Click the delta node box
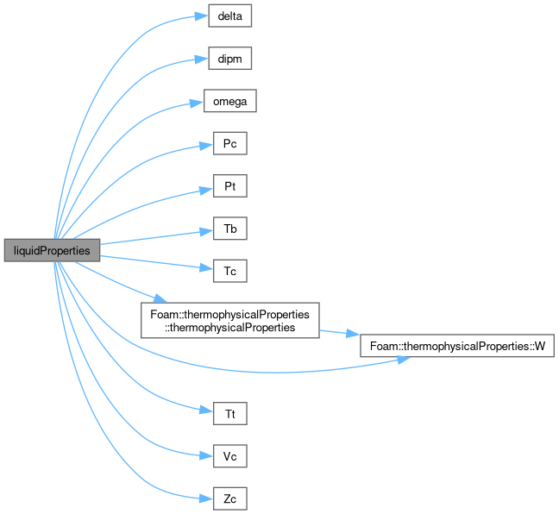coord(230,16)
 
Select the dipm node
coord(230,58)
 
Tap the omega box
coord(230,101)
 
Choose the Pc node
coord(230,143)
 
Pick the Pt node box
coord(230,185)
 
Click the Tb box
coord(230,229)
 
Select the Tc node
coord(230,271)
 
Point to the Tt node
coord(230,413)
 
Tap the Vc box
coord(230,456)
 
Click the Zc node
coord(230,498)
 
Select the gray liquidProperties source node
coord(52,250)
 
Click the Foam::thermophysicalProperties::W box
coord(457,346)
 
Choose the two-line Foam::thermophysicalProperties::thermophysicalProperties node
coord(230,321)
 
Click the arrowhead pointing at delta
coord(202,16)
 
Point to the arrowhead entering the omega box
coord(197,103)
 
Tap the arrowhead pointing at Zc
coord(206,498)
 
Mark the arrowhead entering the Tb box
coord(206,232)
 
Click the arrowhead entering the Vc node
coord(206,455)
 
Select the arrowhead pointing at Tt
coord(206,411)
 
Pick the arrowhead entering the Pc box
coord(206,146)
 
